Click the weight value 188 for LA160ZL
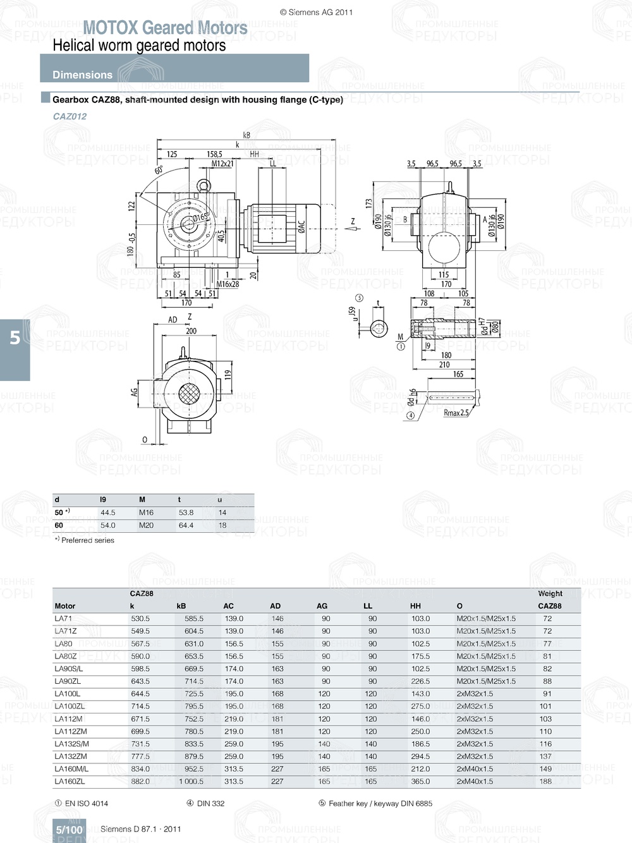pyautogui.click(x=545, y=782)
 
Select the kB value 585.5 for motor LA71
pyautogui.click(x=194, y=619)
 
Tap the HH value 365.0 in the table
pyautogui.click(x=420, y=782)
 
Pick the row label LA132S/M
pyautogui.click(x=71, y=744)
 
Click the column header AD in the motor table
pyautogui.click(x=275, y=606)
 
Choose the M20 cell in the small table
pyautogui.click(x=146, y=525)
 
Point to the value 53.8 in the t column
pyautogui.click(x=186, y=512)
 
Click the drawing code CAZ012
pyautogui.click(x=70, y=116)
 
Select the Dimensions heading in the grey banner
pyautogui.click(x=82, y=75)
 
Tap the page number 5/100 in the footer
pyautogui.click(x=69, y=830)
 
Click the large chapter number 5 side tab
pyautogui.click(x=15, y=338)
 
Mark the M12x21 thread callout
pyautogui.click(x=222, y=164)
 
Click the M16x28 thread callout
pyautogui.click(x=228, y=284)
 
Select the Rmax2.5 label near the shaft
pyautogui.click(x=456, y=413)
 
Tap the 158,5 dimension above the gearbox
pyautogui.click(x=214, y=154)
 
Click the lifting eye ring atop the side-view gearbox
pyautogui.click(x=204, y=185)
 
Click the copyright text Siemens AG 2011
pyautogui.click(x=316, y=12)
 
